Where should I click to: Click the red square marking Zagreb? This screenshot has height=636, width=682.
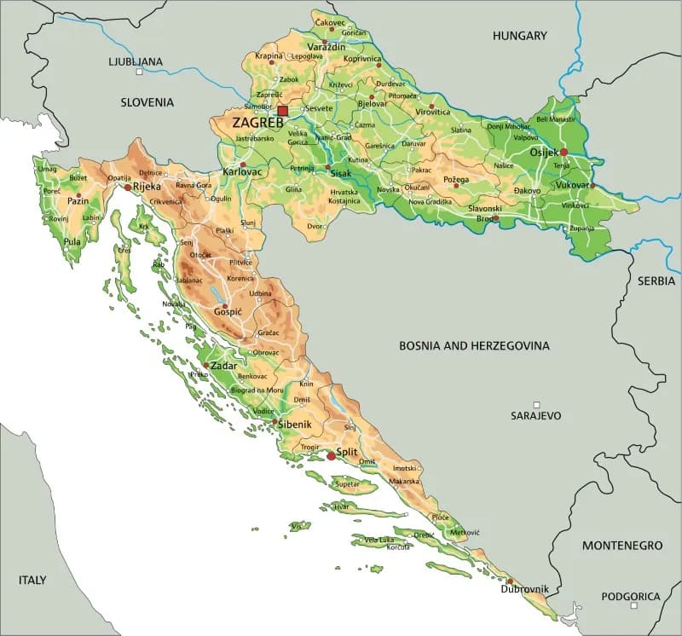point(283,111)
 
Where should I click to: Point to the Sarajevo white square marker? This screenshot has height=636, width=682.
point(536,404)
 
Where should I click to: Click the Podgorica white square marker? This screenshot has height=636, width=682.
point(633,606)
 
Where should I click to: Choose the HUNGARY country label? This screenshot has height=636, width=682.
point(519,36)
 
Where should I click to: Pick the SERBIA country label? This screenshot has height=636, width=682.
point(656,280)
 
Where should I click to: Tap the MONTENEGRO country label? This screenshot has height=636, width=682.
point(621,545)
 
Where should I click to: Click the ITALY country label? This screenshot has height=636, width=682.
point(32,580)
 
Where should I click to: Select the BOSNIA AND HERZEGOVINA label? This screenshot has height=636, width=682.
point(475,346)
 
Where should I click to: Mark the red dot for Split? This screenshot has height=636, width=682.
point(331,456)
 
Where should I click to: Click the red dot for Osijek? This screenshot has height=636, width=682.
point(564,152)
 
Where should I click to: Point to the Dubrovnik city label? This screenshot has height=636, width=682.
point(524,589)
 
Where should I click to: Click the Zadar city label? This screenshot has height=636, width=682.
point(223,366)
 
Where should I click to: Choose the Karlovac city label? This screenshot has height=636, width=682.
point(242,172)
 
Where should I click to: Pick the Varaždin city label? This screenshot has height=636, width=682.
point(327,47)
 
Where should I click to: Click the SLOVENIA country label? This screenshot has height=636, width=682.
point(147,102)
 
